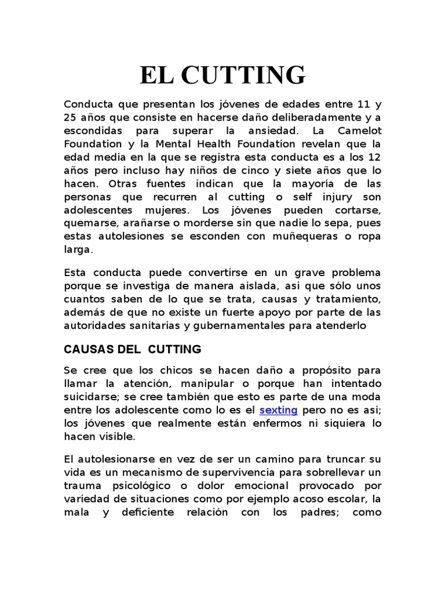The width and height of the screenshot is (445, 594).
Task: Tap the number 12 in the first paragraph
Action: point(374,157)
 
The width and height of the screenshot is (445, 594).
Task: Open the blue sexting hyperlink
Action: point(279,410)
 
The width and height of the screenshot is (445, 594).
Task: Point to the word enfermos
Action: point(273,423)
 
